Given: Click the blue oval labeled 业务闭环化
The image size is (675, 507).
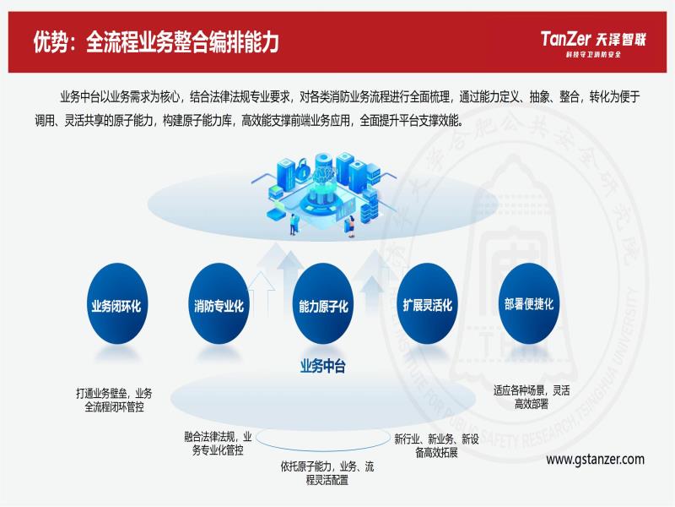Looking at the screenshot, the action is coord(117,304).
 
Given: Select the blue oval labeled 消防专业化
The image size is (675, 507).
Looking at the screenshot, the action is coord(219,304).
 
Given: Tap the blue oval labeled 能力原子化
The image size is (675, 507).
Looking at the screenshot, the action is coord(323,304).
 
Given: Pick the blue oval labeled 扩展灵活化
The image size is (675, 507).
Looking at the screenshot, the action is coord(427,304).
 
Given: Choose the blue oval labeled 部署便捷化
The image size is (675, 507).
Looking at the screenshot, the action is coord(529,304).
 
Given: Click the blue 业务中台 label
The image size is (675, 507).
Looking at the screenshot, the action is coord(323,367).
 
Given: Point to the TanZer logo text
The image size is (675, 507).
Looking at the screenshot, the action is coord(565,39).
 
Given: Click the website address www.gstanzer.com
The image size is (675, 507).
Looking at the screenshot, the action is coord(596,460).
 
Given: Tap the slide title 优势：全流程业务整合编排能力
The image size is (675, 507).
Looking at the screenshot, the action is coord(156,41).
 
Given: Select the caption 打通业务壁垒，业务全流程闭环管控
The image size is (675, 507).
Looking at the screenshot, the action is coord(114,400).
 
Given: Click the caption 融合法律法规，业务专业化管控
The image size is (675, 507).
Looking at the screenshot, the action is coord(218,443).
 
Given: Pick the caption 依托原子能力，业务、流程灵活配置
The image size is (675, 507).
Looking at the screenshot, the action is coord(327,473).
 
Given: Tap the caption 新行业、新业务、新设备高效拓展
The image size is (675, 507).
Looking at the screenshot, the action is coord(436,446).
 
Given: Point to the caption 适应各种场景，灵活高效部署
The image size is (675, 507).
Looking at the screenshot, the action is coord(532,397).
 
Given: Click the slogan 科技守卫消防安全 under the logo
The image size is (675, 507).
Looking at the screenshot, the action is coord(593,54).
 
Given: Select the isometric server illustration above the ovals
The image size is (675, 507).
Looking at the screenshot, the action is coord(323,194).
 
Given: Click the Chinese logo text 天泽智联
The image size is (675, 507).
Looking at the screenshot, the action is coord(621,40).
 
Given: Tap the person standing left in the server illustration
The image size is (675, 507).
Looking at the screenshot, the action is coord(294,224).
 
